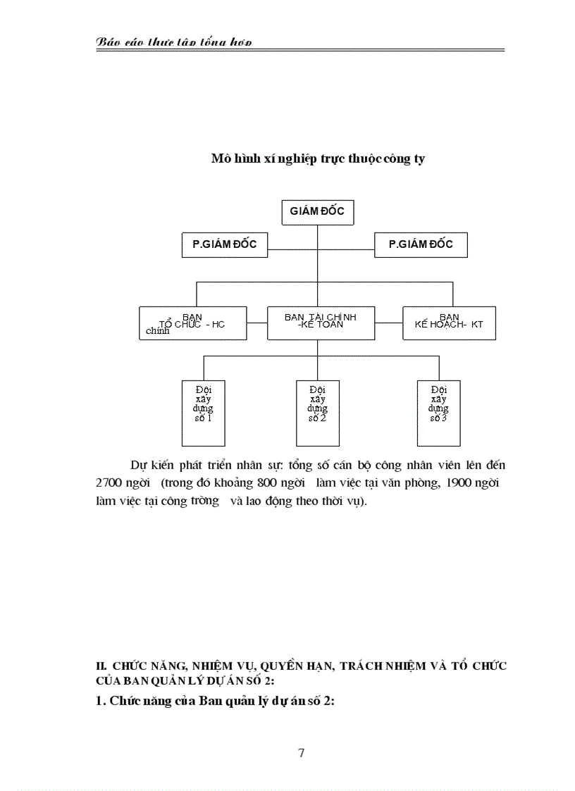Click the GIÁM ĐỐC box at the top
317,212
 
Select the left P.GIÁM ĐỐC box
224,245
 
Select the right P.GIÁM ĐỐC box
421,245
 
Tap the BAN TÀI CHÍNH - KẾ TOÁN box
321,323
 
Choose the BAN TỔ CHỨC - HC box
192,323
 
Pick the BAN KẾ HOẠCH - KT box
449,323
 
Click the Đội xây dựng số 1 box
203,413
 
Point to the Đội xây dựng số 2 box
317,413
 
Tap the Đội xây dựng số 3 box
438,413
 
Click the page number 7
302,753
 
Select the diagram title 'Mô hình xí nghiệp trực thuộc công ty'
318,159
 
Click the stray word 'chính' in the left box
158,331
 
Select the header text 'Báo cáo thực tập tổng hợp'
173,43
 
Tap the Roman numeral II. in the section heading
101,666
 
